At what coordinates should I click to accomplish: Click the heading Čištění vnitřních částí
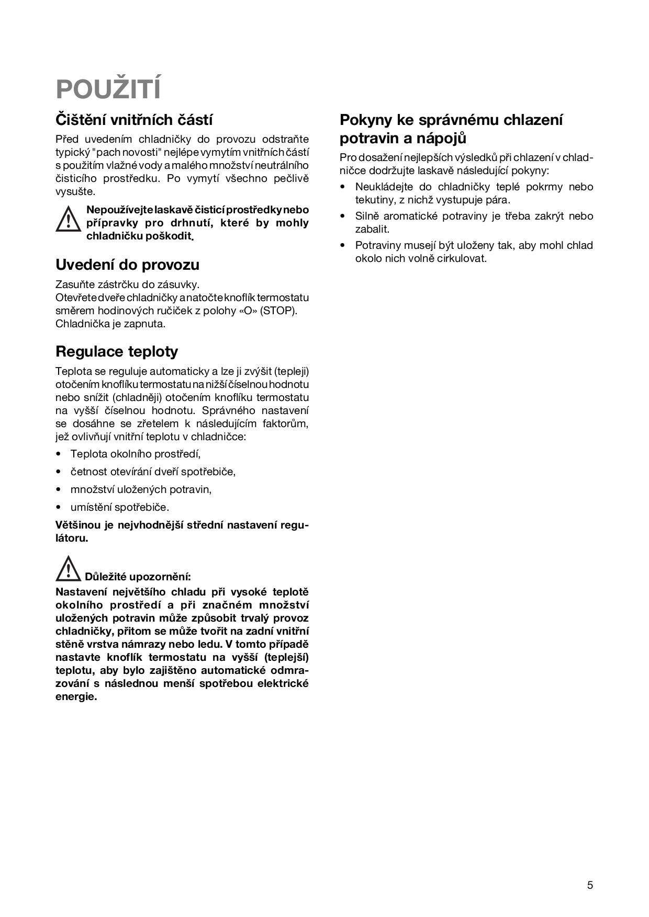tap(134, 120)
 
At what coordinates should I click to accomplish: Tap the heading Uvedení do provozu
tap(127, 265)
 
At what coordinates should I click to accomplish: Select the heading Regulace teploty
tap(117, 351)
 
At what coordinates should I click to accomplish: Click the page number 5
tap(590, 885)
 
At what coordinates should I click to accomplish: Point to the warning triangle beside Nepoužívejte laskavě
tap(68, 219)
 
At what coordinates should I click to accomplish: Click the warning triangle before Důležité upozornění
tap(68, 569)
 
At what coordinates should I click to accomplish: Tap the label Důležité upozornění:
tap(138, 577)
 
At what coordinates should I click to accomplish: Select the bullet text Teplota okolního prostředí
tap(135, 454)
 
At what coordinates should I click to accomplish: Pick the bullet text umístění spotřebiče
tap(120, 507)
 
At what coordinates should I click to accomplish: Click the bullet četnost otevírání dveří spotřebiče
tap(153, 472)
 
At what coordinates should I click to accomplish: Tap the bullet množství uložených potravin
tap(141, 489)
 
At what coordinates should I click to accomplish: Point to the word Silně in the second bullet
tap(367, 216)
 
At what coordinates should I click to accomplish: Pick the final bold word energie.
tap(76, 696)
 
